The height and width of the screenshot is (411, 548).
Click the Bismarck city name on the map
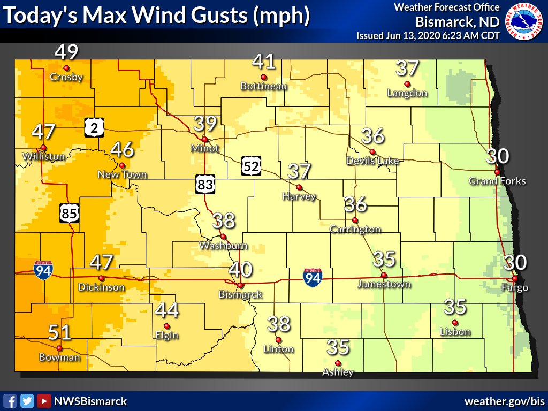click(x=240, y=294)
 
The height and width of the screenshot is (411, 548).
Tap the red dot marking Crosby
click(x=66, y=68)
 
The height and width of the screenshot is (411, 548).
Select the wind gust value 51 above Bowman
click(x=59, y=333)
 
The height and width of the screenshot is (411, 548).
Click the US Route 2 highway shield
click(x=94, y=127)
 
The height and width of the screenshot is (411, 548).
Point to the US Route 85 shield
click(x=70, y=214)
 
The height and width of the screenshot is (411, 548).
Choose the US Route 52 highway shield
click(x=250, y=166)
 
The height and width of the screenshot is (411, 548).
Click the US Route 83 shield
click(x=205, y=185)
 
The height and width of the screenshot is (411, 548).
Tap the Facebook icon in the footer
click(x=10, y=401)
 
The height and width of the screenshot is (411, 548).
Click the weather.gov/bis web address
click(x=503, y=401)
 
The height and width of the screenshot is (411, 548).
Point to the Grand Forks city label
click(x=497, y=181)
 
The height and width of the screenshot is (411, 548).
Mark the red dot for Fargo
click(x=514, y=278)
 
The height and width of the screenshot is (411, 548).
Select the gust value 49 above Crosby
click(x=66, y=52)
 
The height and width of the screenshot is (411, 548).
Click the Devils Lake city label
click(x=372, y=161)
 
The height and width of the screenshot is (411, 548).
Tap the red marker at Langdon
click(x=407, y=83)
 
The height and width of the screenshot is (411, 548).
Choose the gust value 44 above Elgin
click(x=166, y=310)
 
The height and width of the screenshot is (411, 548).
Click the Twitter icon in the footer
click(x=27, y=401)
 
